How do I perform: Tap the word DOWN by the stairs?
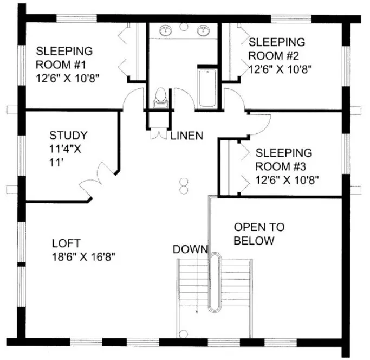[x=190, y=249]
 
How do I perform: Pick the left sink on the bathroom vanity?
[x=164, y=30]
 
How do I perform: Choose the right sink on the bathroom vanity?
[x=205, y=30]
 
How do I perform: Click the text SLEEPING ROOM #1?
[x=64, y=57]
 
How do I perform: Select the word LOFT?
[x=66, y=243]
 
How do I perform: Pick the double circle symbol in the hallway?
[x=184, y=185]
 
